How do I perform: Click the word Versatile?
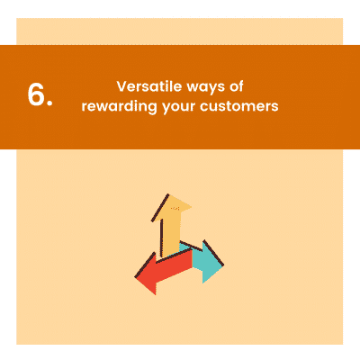(x=146, y=86)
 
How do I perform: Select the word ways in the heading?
(x=203, y=87)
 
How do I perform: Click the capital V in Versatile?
(x=121, y=86)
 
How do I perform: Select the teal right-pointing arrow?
(x=203, y=260)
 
